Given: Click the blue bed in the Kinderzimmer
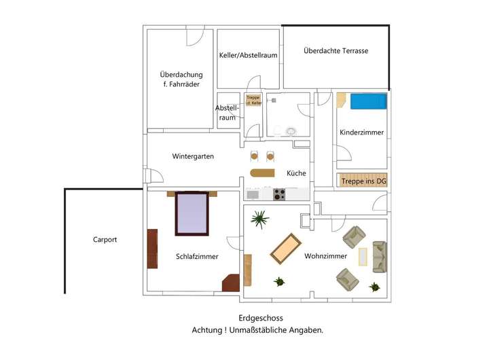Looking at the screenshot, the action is [x=367, y=102].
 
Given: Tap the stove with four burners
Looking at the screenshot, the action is [x=278, y=194].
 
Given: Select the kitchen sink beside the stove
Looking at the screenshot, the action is [x=253, y=194].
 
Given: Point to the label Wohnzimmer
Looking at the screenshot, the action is [x=326, y=257].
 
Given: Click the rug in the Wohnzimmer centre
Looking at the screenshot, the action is [x=286, y=249].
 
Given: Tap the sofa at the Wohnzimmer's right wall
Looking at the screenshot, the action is [x=379, y=256].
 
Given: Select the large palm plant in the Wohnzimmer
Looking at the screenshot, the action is [x=259, y=219].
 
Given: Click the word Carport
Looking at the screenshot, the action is [x=105, y=240].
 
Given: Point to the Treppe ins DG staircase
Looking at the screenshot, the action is [x=362, y=180].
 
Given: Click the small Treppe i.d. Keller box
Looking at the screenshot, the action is [x=253, y=100].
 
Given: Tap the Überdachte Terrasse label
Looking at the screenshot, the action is [x=336, y=51].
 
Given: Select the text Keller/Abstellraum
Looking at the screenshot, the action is [x=248, y=56].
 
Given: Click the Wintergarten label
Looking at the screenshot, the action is [x=193, y=156].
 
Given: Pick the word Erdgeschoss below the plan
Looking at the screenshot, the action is [x=261, y=318].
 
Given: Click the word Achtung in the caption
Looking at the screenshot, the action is [x=208, y=330].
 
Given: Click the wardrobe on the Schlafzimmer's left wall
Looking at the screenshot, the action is [x=153, y=249].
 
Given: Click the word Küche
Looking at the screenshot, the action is [x=296, y=173].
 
